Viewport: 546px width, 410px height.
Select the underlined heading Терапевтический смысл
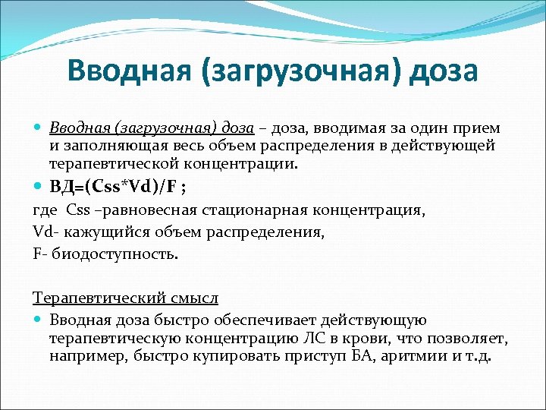click(x=125, y=298)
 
